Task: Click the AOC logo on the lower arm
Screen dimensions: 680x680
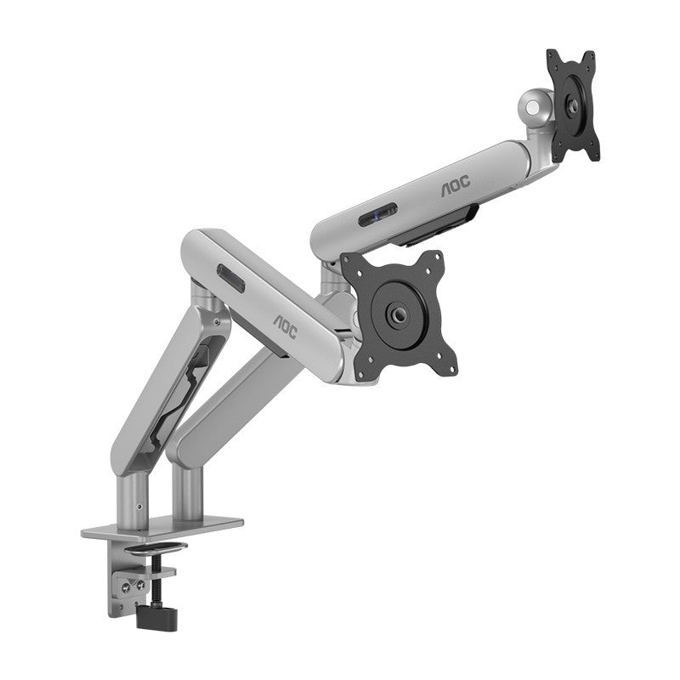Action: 286,326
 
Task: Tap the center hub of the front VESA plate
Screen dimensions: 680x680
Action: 398,313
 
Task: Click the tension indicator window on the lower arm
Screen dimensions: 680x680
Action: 230,278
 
